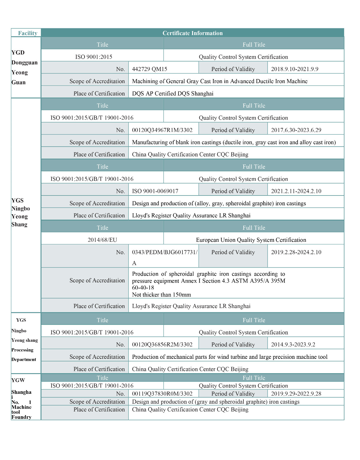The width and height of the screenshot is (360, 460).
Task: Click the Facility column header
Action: point(28,33)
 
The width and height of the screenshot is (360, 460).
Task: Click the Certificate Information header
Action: point(193,33)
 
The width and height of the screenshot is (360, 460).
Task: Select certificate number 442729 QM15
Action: point(149,69)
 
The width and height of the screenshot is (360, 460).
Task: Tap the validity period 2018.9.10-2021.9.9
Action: point(294,69)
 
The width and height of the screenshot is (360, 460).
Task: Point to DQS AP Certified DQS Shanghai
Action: point(173,93)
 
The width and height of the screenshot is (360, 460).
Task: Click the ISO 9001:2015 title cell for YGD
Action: point(94,57)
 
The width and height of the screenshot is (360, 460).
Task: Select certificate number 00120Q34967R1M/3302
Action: point(162,130)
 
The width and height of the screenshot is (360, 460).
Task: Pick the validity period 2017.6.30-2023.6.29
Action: point(296,130)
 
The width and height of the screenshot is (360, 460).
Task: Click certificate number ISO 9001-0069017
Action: point(155,191)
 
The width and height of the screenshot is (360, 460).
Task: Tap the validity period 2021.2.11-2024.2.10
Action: point(296,191)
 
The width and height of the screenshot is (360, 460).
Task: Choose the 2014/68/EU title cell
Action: point(102,240)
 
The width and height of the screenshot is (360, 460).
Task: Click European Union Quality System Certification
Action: point(251,240)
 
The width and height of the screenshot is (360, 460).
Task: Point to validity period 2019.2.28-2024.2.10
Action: point(296,252)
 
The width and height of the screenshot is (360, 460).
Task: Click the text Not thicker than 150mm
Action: point(161,295)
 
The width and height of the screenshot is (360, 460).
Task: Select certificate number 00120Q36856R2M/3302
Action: point(162,344)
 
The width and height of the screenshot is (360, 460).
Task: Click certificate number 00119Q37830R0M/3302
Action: point(162,394)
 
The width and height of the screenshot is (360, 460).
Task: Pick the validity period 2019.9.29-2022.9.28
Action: point(296,394)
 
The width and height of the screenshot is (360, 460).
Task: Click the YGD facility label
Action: point(18,53)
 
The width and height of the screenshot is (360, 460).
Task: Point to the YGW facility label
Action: point(18,380)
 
